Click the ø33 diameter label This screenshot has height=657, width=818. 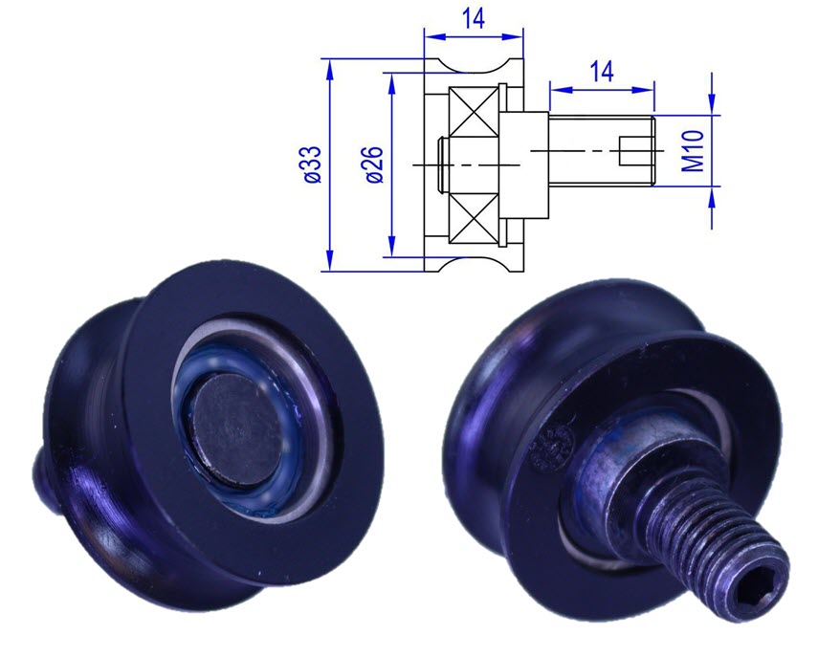pos(311,164)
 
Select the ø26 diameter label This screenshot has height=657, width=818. pos(374,164)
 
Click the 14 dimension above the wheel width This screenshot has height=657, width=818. pos(474,18)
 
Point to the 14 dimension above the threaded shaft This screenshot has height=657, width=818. pos(601,71)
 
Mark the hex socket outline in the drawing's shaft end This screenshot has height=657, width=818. pos(636,150)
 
